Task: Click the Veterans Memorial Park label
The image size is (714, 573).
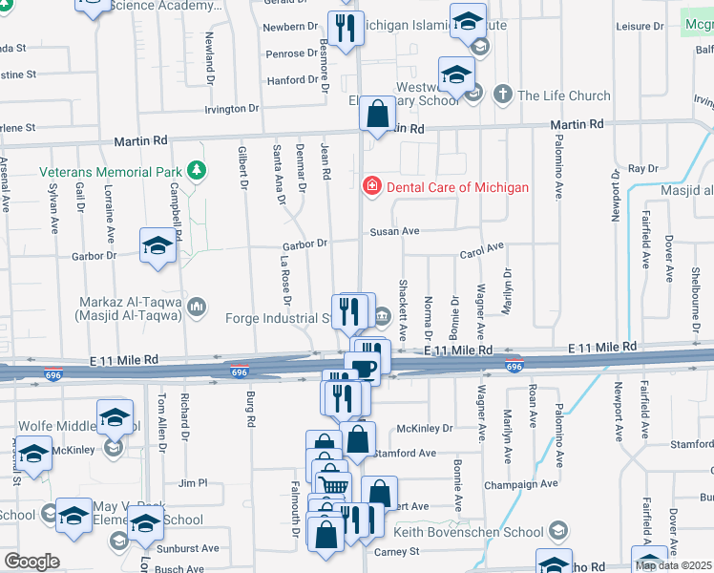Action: [110, 172]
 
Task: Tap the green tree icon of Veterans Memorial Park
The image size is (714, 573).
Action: [198, 171]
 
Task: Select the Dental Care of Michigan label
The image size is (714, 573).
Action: [457, 187]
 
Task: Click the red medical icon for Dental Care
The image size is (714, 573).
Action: [371, 186]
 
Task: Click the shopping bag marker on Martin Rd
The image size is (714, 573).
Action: [378, 115]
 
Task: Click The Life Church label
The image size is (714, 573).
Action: [563, 95]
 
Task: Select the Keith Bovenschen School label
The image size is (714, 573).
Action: [469, 531]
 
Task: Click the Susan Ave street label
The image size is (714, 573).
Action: [395, 231]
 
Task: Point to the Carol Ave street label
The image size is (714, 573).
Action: [481, 251]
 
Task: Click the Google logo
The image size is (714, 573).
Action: [31, 562]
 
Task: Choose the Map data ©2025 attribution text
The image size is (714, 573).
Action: [674, 565]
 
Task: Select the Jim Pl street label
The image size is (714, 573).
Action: [193, 483]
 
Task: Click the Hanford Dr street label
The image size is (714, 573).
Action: [285, 81]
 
